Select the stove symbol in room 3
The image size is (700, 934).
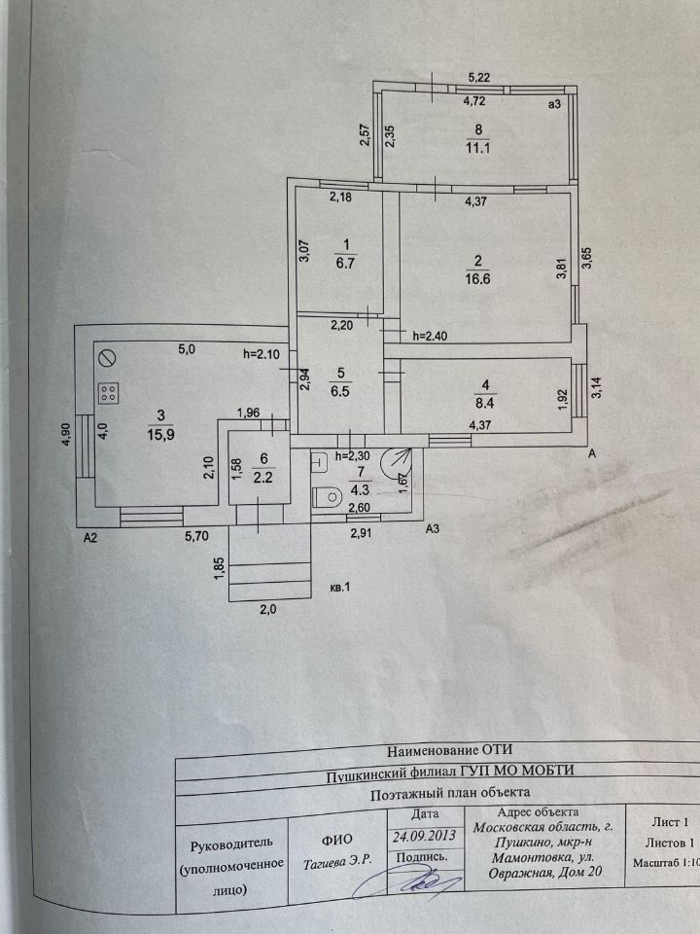click(x=109, y=393)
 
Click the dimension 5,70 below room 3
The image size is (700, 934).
click(x=199, y=534)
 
